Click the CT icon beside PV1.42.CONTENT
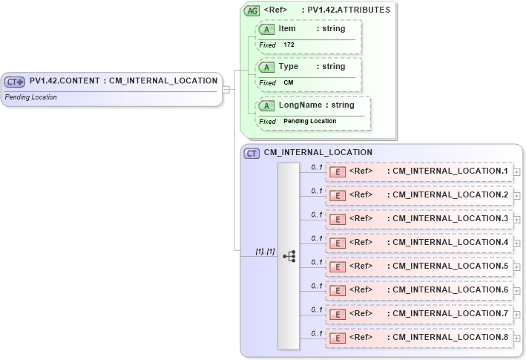[15, 82]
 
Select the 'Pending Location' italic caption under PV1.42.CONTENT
[30, 97]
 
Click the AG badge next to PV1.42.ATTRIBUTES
[252, 10]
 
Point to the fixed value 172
[289, 45]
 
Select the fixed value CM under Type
[289, 83]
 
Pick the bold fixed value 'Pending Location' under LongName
[309, 121]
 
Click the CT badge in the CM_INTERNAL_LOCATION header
[252, 153]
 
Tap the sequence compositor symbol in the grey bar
[289, 256]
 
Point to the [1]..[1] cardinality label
[265, 252]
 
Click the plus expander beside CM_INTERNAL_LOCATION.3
[516, 219]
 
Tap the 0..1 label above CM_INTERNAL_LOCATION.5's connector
[317, 262]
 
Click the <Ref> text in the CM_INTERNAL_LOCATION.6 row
[361, 290]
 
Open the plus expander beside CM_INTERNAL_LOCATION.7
[516, 314]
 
